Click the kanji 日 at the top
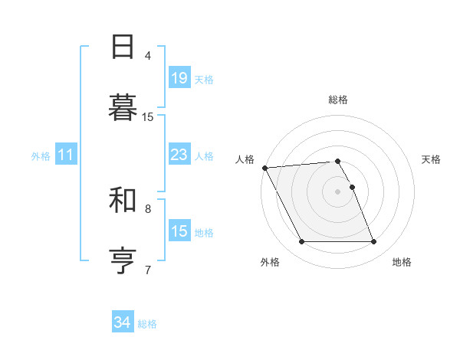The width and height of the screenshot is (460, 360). click(x=123, y=47)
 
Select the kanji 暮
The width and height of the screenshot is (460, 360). click(x=123, y=106)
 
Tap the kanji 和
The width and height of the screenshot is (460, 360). click(x=123, y=199)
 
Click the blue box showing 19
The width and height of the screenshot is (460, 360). click(x=179, y=78)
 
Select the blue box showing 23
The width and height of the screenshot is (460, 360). click(x=179, y=155)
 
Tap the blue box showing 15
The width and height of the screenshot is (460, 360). click(x=179, y=232)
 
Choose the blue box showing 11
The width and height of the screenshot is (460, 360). click(x=66, y=155)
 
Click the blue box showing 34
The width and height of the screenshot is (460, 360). click(x=123, y=323)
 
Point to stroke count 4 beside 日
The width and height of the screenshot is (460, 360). click(x=148, y=55)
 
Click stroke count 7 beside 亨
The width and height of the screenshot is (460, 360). click(x=148, y=269)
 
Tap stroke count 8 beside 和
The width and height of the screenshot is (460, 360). click(x=148, y=208)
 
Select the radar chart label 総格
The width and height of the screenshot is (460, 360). click(x=338, y=100)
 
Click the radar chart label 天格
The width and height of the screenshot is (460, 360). click(x=431, y=159)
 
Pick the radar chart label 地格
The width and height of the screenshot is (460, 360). click(x=402, y=262)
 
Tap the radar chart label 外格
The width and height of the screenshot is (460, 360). click(x=270, y=262)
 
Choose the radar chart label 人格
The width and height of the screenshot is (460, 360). click(x=245, y=159)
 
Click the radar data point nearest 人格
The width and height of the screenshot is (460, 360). click(x=264, y=168)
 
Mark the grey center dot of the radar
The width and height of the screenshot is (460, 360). click(x=338, y=191)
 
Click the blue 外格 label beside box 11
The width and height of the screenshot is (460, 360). click(x=41, y=156)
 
